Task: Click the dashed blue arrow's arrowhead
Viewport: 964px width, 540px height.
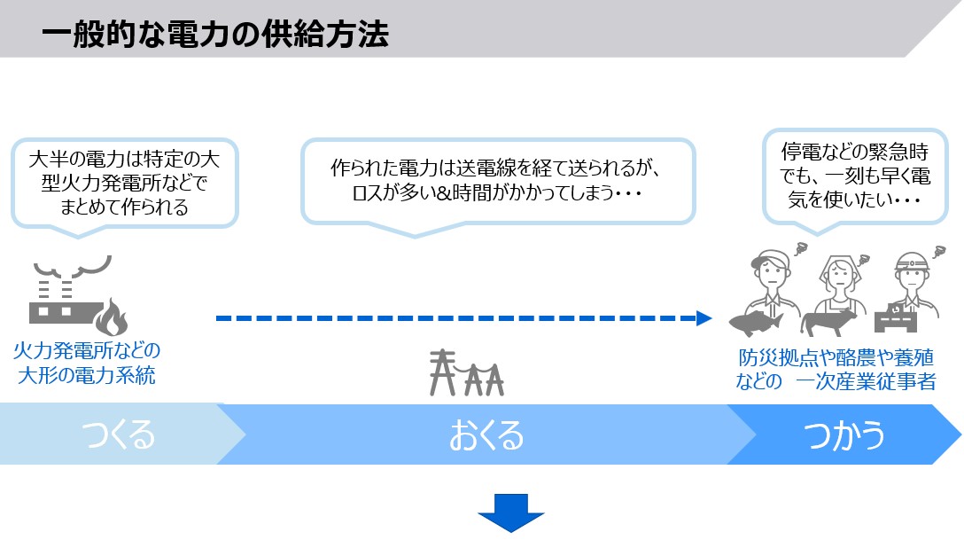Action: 705,317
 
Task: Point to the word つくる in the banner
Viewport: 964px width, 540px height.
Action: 119,435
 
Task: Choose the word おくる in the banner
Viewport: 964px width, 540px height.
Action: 486,435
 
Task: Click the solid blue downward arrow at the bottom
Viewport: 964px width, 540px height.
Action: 511,513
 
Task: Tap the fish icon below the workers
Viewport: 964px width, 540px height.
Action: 758,321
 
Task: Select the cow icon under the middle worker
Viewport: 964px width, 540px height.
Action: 832,320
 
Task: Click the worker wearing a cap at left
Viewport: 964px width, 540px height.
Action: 768,275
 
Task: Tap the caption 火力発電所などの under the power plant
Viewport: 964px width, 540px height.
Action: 87,351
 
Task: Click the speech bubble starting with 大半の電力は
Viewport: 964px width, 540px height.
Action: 124,184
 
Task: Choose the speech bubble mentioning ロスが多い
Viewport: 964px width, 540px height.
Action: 498,180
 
